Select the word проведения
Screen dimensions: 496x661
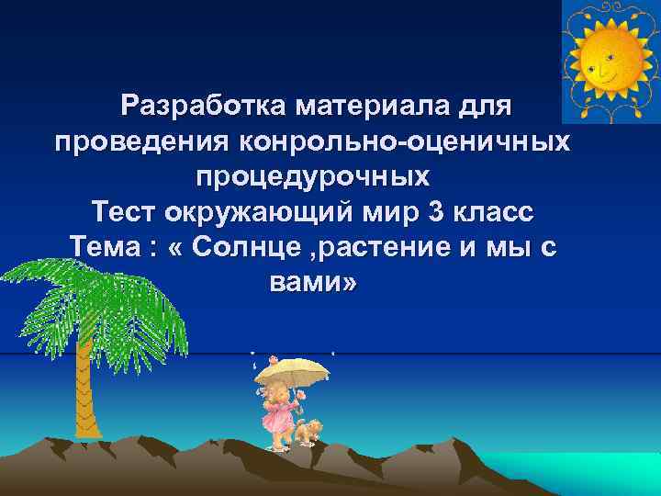click(x=142, y=142)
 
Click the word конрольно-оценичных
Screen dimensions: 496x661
click(x=404, y=142)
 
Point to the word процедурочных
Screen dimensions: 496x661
click(x=312, y=177)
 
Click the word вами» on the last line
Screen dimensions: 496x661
click(x=312, y=283)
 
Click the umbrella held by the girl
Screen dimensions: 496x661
click(x=292, y=370)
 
